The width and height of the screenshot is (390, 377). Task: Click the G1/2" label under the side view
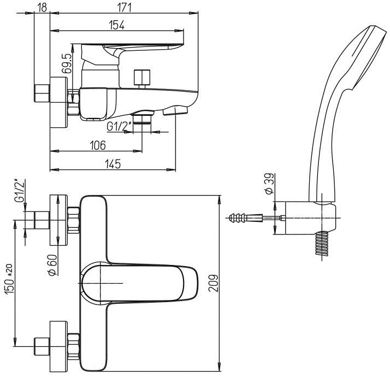[119, 127]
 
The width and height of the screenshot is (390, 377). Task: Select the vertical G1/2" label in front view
[20, 192]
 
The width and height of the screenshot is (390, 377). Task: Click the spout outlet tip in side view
[175, 111]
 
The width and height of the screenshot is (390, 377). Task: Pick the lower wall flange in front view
[57, 344]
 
